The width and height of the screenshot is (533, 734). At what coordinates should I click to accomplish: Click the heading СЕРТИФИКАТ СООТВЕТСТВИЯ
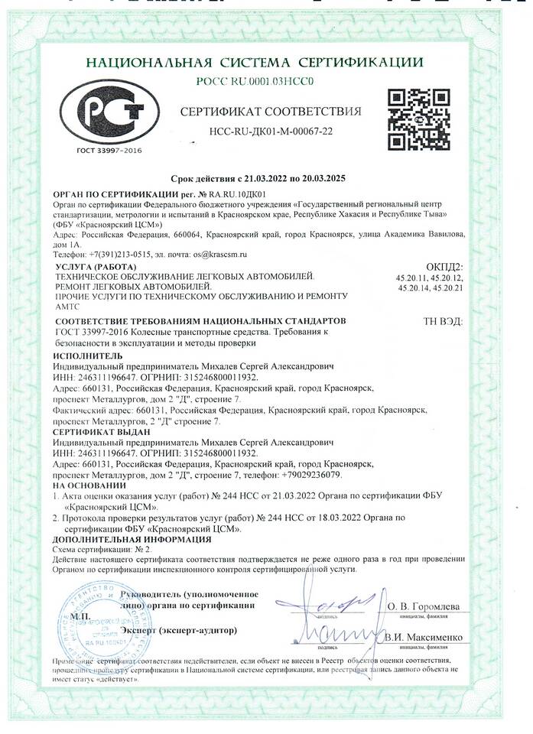271,112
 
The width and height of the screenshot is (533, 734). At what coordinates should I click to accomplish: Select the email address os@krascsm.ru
222,252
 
